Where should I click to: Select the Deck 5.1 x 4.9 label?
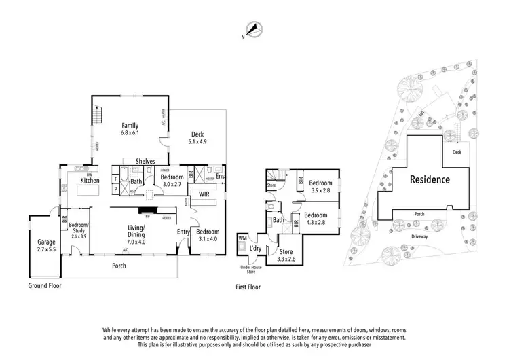point(198,138)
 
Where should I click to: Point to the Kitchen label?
point(90,180)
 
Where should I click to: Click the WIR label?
point(204,194)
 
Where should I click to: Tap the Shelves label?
point(145,161)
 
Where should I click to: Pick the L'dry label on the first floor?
point(257,249)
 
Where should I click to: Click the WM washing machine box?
point(243,239)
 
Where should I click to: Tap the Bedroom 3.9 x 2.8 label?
point(320,187)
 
